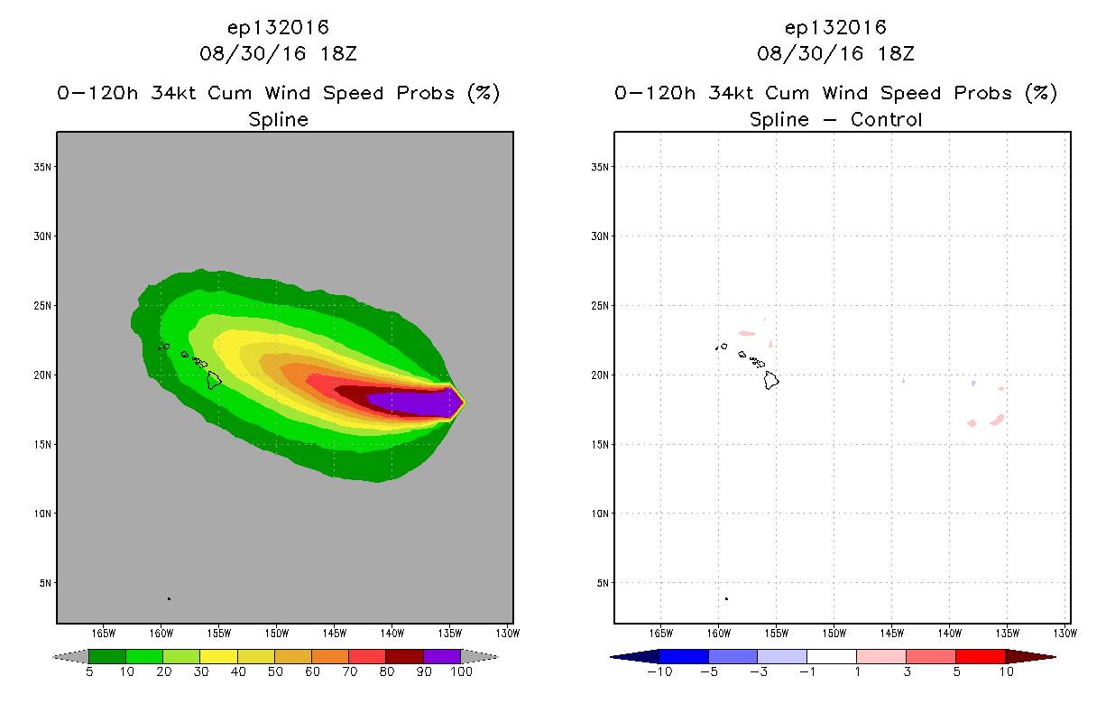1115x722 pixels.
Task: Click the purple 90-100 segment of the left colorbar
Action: (x=442, y=657)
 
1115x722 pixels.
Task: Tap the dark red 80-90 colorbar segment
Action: (x=405, y=657)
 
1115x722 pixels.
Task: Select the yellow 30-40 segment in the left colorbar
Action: (x=219, y=657)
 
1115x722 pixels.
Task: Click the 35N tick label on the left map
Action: (x=42, y=167)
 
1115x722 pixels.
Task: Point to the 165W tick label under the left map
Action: (x=104, y=634)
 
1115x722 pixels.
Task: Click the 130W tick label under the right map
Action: (x=1065, y=634)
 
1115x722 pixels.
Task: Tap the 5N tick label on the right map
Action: (x=603, y=583)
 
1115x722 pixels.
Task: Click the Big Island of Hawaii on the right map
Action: (x=771, y=381)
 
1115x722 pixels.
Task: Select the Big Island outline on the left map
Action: (x=214, y=381)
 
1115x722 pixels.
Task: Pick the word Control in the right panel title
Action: (x=886, y=120)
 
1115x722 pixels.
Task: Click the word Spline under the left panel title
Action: (x=278, y=120)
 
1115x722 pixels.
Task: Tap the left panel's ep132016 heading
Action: (x=278, y=28)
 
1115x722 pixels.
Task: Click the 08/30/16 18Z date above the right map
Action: (x=835, y=53)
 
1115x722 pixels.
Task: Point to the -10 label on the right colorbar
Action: (x=659, y=672)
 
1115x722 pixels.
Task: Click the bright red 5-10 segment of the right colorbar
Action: (x=981, y=657)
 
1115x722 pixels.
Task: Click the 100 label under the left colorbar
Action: (x=461, y=672)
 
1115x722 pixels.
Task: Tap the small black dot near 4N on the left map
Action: (x=170, y=599)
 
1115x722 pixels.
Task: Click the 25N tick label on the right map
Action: (x=600, y=306)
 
